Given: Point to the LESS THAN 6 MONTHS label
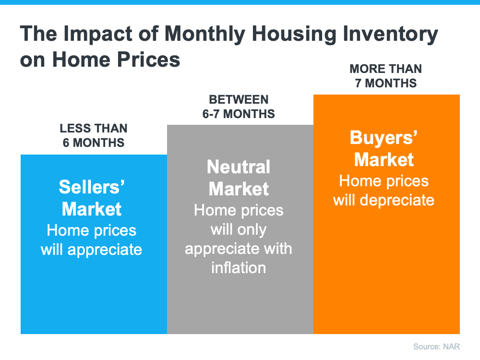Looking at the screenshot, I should [94, 135].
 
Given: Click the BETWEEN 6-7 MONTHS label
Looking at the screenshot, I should [239, 107].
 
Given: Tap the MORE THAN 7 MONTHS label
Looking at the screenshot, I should [385, 76].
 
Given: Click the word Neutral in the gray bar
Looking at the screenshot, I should [239, 167].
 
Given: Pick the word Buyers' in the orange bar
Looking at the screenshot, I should [384, 138].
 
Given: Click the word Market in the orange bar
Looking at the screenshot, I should [384, 159].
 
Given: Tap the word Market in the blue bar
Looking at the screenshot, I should [92, 209].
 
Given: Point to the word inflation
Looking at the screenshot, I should [239, 267].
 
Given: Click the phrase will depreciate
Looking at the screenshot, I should [384, 200].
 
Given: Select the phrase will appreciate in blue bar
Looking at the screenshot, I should [92, 250].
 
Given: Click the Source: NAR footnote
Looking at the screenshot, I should [437, 347].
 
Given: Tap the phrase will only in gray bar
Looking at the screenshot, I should [239, 229].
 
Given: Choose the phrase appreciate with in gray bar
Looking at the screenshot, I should [239, 249].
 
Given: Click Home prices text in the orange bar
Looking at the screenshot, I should [384, 181].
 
